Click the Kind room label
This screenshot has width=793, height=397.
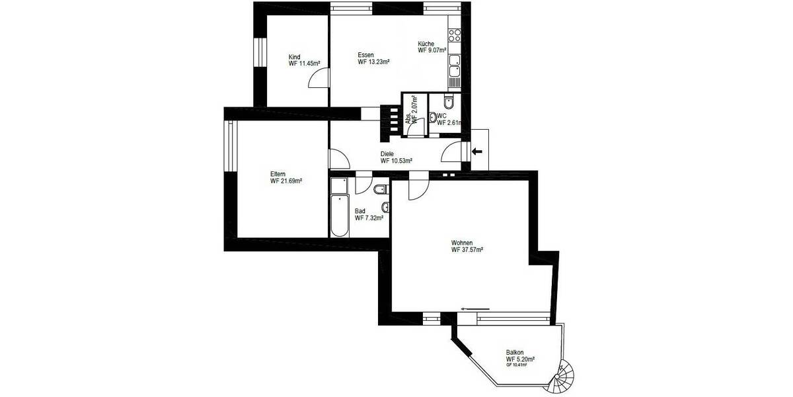(294, 57)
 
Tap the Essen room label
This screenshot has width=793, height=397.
(366, 55)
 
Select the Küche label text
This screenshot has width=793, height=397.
(426, 44)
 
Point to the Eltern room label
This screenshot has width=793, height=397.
(278, 173)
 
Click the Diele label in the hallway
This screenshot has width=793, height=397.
(387, 154)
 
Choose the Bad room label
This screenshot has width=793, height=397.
(360, 211)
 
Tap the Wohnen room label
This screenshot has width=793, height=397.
(462, 243)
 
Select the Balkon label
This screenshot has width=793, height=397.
(515, 352)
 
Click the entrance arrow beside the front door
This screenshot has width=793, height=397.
(476, 152)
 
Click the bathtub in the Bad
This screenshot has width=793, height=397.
(339, 206)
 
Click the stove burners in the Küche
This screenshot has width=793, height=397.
(455, 33)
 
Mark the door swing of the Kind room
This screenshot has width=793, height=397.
(318, 79)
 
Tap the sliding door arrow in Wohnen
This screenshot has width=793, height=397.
(476, 308)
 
